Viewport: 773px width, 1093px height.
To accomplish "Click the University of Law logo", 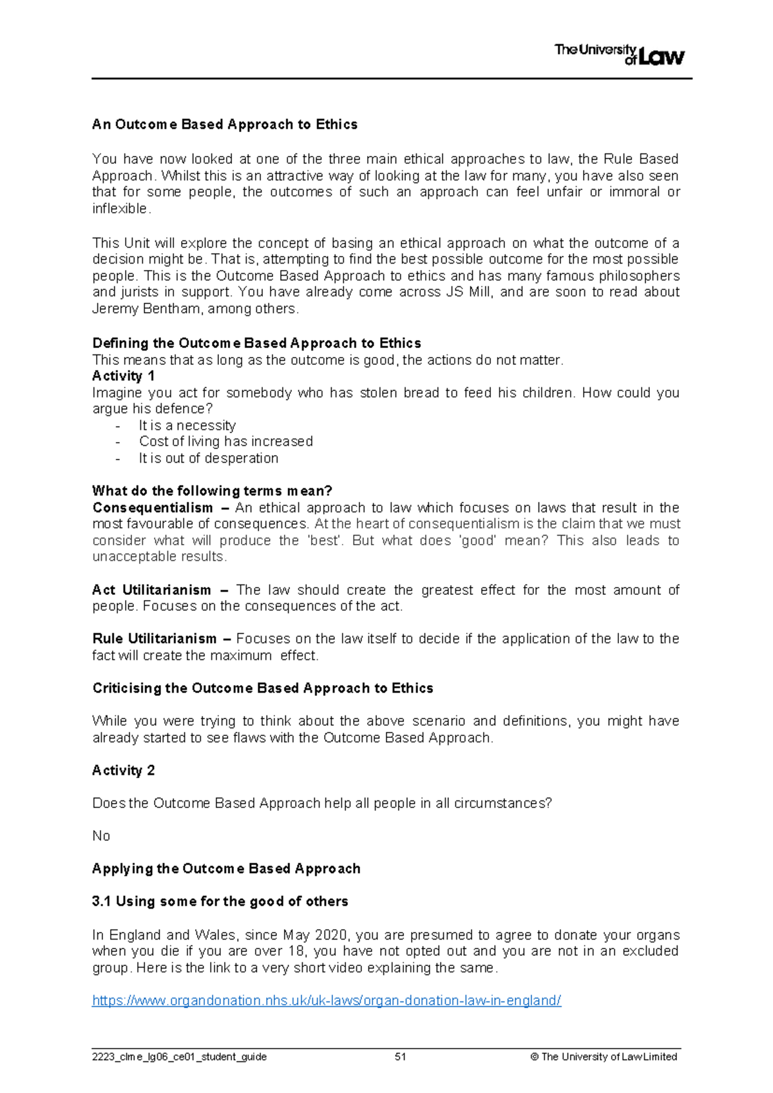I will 619,54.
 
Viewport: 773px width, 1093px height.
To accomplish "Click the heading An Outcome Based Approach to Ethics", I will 225,124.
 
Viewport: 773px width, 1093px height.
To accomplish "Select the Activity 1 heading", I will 123,376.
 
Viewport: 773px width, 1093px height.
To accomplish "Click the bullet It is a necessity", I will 187,425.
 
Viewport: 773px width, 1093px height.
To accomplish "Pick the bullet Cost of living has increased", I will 225,441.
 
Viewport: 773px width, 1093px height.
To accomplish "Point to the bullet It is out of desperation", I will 208,458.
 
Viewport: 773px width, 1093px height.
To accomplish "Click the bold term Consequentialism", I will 152,508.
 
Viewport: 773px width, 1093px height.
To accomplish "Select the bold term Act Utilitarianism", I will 151,590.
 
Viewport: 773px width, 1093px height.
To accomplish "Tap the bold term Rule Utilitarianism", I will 155,639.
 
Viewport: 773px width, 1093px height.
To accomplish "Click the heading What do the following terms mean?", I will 212,491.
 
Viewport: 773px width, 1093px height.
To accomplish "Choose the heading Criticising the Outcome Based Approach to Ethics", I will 262,688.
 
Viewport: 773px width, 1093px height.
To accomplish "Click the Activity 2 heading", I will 123,770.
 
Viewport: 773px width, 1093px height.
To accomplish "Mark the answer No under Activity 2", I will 101,836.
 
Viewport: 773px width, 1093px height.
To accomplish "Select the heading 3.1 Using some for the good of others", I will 220,902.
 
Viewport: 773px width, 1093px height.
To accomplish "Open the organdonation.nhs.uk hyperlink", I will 327,1001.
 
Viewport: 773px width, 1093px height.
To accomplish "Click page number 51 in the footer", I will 400,1057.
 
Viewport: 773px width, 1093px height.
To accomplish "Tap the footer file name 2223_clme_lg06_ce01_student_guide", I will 179,1057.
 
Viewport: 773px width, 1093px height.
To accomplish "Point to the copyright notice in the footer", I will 604,1057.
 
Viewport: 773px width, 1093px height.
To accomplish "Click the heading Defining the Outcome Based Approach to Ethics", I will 256,343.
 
